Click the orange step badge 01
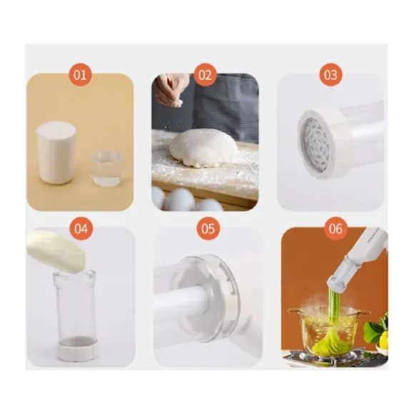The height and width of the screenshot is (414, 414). [x=80, y=75]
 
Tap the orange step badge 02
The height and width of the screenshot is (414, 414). [x=205, y=75]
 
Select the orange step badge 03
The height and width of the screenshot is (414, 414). [x=330, y=75]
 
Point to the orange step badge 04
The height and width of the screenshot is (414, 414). [x=81, y=228]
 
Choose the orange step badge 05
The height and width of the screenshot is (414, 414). [x=208, y=228]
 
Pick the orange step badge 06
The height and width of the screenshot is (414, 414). [x=335, y=228]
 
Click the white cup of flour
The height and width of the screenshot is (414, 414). [x=56, y=152]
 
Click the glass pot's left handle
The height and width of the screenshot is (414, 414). [x=293, y=311]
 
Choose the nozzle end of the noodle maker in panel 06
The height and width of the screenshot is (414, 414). [x=338, y=285]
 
